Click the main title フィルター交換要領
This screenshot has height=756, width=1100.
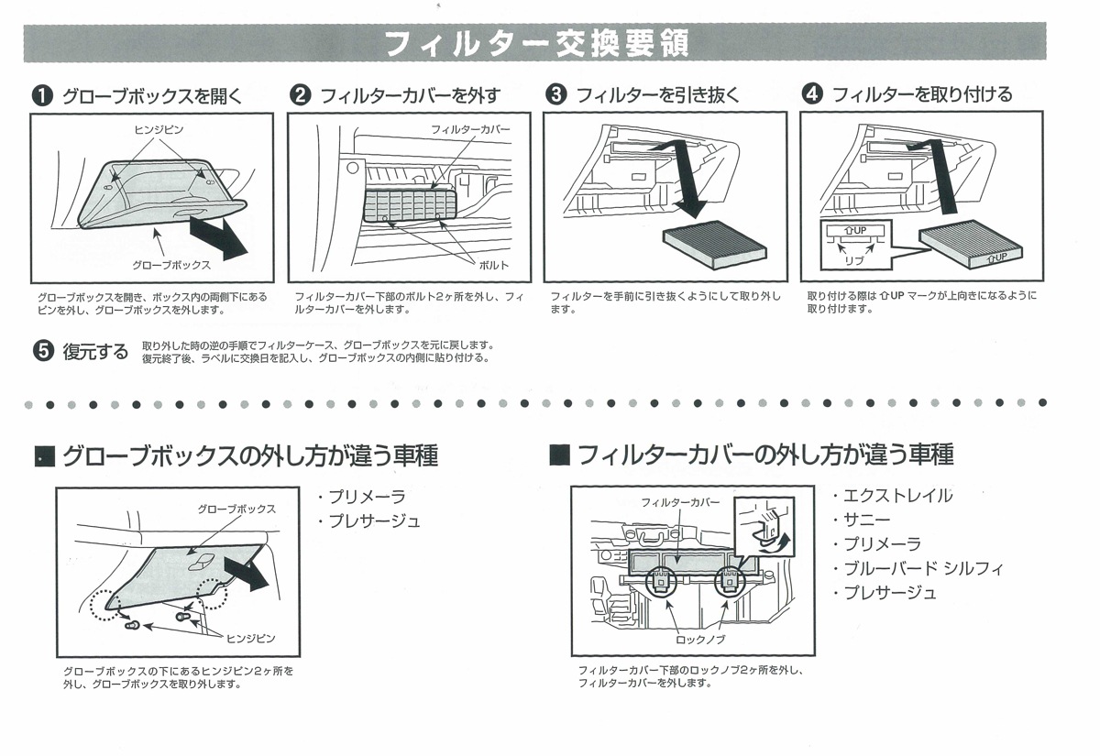pos(535,43)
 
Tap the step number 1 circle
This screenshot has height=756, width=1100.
pos(42,94)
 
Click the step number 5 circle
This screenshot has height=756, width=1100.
pos(42,352)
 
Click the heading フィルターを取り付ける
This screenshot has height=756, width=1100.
pos(921,94)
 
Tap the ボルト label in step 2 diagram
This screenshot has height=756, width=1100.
pos(493,264)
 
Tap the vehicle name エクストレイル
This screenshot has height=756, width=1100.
pos(897,496)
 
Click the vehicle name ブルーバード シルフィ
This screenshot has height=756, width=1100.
pos(923,568)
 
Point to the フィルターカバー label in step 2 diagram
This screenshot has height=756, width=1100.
pos(470,130)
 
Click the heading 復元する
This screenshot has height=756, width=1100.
pos(95,353)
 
